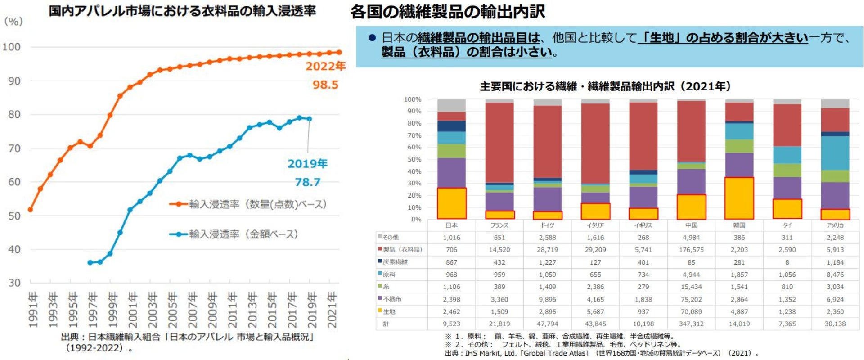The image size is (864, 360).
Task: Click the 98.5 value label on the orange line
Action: point(325,85)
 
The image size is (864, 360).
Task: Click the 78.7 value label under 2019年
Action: point(307,182)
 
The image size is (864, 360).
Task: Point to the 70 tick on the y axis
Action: point(14,148)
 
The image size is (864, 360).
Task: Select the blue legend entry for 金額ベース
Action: point(234,234)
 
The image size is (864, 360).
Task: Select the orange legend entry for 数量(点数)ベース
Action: point(247,204)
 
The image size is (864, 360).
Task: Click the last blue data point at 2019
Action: point(309,119)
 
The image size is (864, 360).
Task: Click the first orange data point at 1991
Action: point(30,210)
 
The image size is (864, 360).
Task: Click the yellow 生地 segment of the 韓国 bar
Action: point(739,198)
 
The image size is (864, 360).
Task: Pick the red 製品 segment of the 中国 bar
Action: point(691,131)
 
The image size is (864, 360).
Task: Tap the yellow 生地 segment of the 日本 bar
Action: point(451,203)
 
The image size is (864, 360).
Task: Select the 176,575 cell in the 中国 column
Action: point(691,250)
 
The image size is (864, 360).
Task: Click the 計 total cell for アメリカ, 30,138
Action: point(835,324)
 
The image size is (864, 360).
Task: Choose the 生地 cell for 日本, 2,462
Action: point(451,311)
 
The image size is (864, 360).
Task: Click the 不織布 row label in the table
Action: point(392,299)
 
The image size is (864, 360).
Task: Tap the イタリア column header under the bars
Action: point(595,225)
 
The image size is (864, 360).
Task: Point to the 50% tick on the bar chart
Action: point(413,159)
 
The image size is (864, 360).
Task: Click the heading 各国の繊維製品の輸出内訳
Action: point(447,12)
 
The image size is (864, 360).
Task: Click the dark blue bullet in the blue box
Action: point(372,38)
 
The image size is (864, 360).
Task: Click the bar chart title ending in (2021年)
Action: point(605,86)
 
